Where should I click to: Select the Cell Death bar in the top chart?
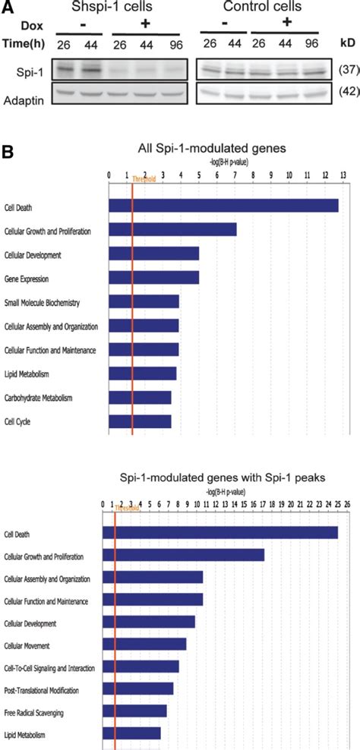pos(223,205)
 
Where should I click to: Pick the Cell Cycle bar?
pos(140,421)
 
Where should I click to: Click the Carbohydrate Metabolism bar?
pos(140,397)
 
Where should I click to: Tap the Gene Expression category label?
pos(29,278)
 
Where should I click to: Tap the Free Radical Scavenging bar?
pos(134,711)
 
